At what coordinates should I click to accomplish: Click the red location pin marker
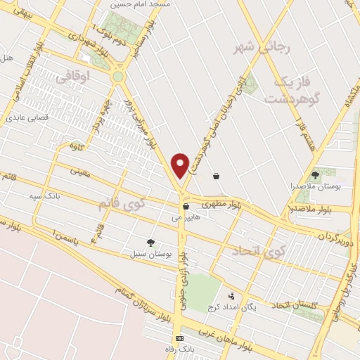click(181, 165)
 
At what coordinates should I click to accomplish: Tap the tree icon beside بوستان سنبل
click(150, 242)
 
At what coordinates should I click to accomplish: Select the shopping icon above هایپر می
click(186, 207)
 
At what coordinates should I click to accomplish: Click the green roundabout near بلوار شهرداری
click(117, 76)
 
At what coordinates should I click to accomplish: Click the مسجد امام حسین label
click(128, 5)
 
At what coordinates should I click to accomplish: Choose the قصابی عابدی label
click(27, 117)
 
